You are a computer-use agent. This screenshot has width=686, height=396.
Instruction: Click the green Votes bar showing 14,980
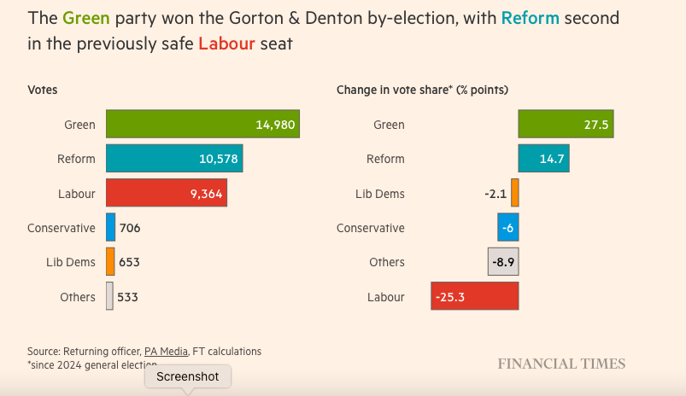pyautogui.click(x=202, y=125)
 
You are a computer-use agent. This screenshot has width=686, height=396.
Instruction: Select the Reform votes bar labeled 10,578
pyautogui.click(x=174, y=159)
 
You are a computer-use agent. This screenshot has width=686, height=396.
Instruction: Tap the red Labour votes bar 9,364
pyautogui.click(x=166, y=194)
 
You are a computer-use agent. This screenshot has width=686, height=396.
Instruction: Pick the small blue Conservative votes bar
pyautogui.click(x=110, y=228)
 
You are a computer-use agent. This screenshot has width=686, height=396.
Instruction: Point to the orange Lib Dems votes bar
pyautogui.click(x=110, y=262)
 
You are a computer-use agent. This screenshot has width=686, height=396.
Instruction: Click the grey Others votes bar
pyautogui.click(x=109, y=297)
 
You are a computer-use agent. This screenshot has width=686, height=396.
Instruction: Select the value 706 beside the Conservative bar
pyautogui.click(x=130, y=228)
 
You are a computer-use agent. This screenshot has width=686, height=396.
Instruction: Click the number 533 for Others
pyautogui.click(x=128, y=297)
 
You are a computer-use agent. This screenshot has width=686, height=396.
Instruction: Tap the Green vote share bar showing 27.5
pyautogui.click(x=566, y=125)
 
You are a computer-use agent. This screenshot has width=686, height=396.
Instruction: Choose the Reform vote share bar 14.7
pyautogui.click(x=543, y=159)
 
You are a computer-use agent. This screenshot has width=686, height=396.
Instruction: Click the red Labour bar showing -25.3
pyautogui.click(x=475, y=297)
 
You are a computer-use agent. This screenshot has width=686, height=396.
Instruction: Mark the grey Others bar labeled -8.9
pyautogui.click(x=503, y=262)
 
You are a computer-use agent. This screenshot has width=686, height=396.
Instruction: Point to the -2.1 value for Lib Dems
pyautogui.click(x=495, y=194)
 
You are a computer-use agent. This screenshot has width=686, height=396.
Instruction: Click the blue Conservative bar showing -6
pyautogui.click(x=508, y=228)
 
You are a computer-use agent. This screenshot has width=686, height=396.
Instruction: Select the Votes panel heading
pyautogui.click(x=43, y=90)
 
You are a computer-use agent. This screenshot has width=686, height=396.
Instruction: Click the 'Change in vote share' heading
pyautogui.click(x=422, y=90)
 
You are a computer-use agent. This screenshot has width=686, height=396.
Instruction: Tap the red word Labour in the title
pyautogui.click(x=226, y=43)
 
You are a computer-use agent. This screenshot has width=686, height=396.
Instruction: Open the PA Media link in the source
pyautogui.click(x=167, y=351)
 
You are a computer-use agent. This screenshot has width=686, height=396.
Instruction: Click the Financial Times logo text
pyautogui.click(x=561, y=364)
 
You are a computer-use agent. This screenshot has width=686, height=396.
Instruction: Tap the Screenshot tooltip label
pyautogui.click(x=187, y=376)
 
